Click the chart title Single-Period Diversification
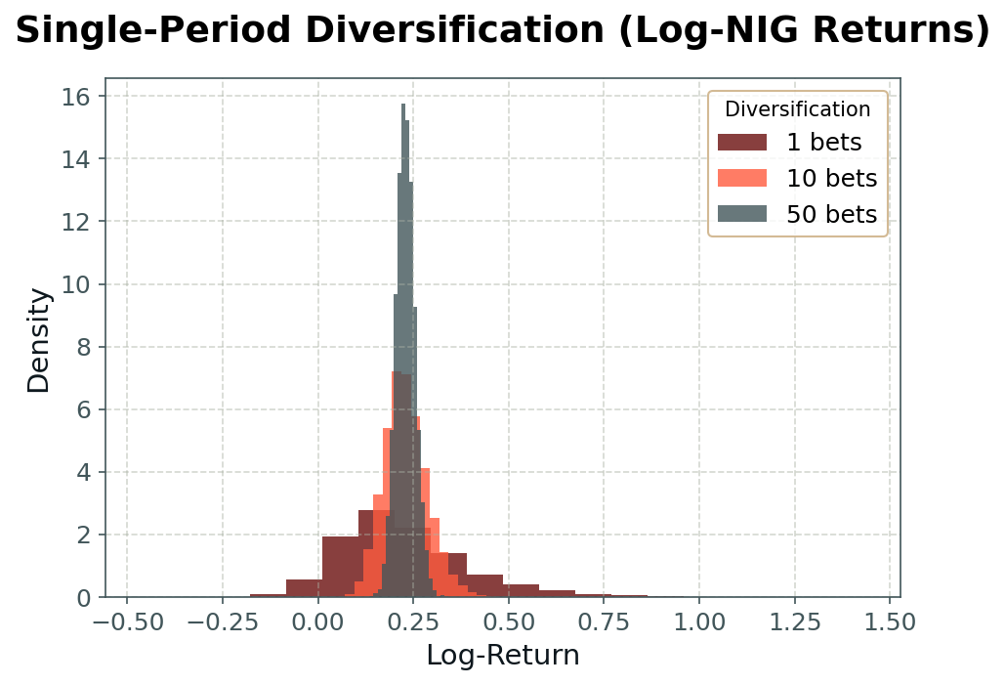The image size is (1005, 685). point(502,31)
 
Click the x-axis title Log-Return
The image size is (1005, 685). point(502,655)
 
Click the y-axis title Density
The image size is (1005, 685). point(39,339)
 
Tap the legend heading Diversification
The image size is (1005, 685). point(797,109)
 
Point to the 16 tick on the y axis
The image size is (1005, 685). point(76,96)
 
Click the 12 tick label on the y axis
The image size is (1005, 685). point(76,222)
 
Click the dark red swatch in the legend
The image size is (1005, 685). point(742,143)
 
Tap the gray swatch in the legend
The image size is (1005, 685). point(742,215)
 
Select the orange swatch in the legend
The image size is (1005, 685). point(742,179)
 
